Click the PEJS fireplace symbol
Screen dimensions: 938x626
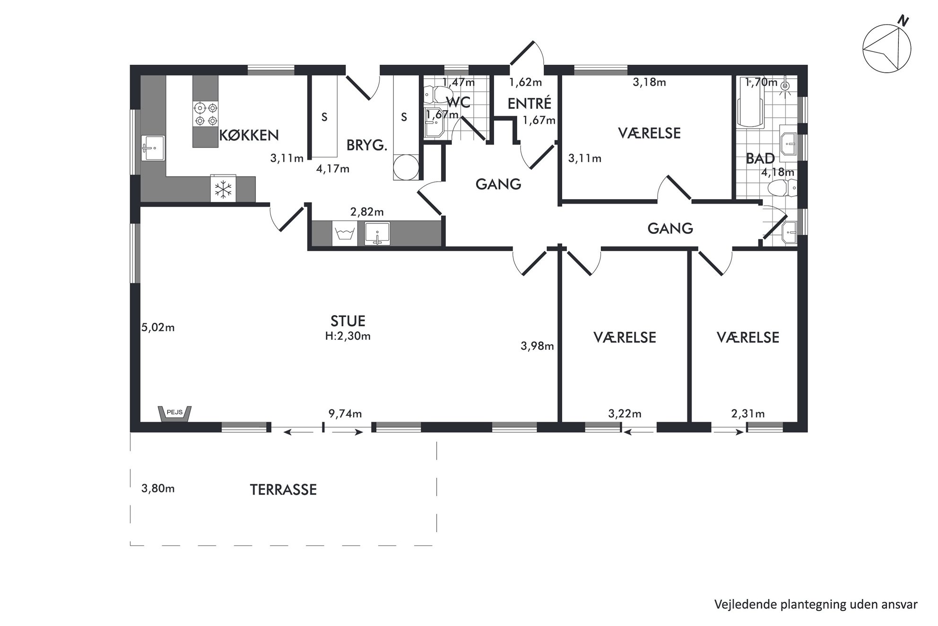(175, 414)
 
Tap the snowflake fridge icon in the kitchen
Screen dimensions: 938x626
(223, 189)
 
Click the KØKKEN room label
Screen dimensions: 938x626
(249, 136)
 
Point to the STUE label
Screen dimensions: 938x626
(348, 321)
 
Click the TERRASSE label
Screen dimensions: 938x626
(283, 490)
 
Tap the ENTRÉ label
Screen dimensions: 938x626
(530, 103)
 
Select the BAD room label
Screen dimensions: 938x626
(760, 159)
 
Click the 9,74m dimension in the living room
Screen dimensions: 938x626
(345, 414)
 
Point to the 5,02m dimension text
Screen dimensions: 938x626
(158, 327)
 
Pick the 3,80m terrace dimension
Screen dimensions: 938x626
(158, 488)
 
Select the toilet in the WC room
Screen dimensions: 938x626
(434, 95)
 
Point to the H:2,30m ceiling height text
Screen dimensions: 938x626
(348, 336)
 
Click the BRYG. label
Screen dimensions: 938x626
(367, 145)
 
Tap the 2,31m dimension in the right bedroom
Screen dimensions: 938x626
(748, 414)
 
